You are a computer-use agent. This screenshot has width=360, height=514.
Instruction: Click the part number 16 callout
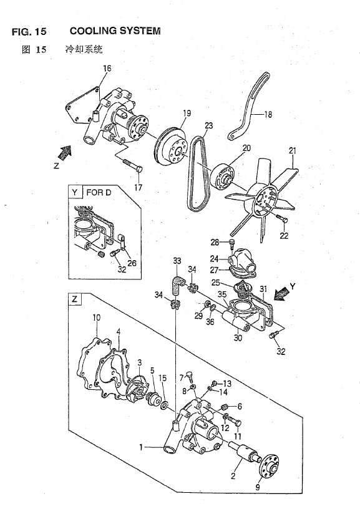click(x=107, y=68)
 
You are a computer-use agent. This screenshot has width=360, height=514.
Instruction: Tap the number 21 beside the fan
click(x=292, y=151)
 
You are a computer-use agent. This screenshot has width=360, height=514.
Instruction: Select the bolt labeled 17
click(x=134, y=165)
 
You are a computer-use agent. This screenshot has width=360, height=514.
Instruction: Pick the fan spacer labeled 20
click(x=222, y=177)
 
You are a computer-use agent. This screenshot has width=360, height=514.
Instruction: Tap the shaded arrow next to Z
click(x=66, y=152)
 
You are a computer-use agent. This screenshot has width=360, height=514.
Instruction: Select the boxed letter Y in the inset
click(x=75, y=192)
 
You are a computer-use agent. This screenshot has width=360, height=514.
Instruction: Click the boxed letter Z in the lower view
click(x=75, y=299)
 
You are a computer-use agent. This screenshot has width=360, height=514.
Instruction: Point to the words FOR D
click(x=99, y=192)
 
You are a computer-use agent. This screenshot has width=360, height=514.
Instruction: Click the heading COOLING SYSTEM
click(x=115, y=31)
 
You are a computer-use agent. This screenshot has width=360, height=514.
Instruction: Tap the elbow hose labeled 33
click(x=178, y=285)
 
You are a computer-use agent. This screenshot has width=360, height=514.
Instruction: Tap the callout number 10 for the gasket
click(x=96, y=318)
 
